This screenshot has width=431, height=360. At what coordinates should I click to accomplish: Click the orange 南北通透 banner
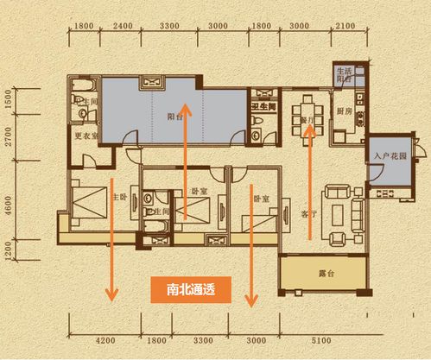pos(189,291)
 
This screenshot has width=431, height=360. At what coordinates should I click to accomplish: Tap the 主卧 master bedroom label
pos(121,195)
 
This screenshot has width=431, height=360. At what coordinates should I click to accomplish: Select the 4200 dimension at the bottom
pos(106,341)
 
